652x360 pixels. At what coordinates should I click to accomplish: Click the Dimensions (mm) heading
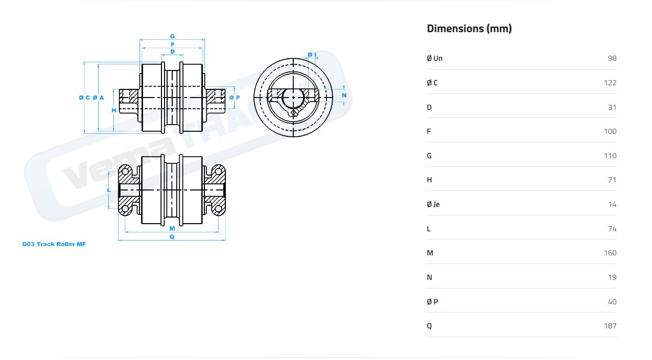coord(469,29)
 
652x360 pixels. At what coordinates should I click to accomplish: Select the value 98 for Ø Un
coord(612,58)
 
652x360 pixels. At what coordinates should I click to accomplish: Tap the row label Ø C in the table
coord(432,83)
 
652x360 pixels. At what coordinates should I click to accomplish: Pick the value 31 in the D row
coord(612,107)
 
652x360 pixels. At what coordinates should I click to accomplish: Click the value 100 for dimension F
coord(610,131)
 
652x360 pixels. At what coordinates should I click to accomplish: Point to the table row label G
coord(429,156)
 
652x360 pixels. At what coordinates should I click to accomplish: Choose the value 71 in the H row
coord(612,180)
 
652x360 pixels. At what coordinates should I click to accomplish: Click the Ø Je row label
coord(433,204)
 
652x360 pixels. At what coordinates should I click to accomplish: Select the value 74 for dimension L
coord(612,229)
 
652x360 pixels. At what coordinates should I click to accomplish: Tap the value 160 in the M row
coord(610,253)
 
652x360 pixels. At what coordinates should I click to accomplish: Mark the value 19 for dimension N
coord(612,277)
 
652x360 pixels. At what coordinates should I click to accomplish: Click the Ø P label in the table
coord(432,302)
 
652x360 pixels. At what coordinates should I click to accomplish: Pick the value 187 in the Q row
coord(610,326)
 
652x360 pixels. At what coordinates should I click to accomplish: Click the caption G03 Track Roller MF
coord(54,244)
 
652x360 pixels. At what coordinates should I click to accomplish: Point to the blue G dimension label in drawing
coord(172,36)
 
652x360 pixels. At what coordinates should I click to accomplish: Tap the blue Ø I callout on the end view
coord(312,55)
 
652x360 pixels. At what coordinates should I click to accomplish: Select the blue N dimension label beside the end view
coord(344,95)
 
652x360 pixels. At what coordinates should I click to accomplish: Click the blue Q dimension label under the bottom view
coord(172,237)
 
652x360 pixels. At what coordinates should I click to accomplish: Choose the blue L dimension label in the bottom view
coord(109,190)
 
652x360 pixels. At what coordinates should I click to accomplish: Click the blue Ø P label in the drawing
coord(235,98)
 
